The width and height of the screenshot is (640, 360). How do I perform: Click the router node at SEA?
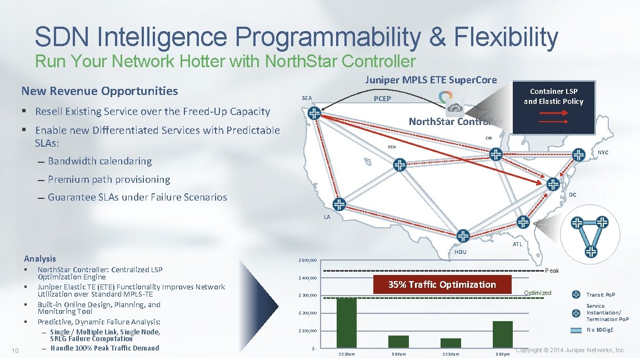314,113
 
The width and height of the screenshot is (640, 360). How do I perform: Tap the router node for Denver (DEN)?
399,164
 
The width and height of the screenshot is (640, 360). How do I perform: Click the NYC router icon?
578,154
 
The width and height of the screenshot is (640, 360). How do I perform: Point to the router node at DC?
553,184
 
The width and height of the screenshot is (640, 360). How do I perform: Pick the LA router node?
338,204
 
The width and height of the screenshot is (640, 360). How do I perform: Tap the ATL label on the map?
517,244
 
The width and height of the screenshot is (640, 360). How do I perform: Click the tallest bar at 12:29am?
347,323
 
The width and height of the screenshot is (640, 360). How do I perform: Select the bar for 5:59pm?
502,334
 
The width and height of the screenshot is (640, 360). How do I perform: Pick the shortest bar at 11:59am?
451,343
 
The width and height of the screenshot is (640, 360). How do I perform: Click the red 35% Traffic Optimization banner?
442,284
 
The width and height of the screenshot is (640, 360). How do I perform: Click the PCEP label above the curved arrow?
382,99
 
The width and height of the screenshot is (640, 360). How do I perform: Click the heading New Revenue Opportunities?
99,91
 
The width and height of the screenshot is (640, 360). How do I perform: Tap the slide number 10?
16,349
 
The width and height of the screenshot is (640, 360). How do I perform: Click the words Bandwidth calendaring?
99,161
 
